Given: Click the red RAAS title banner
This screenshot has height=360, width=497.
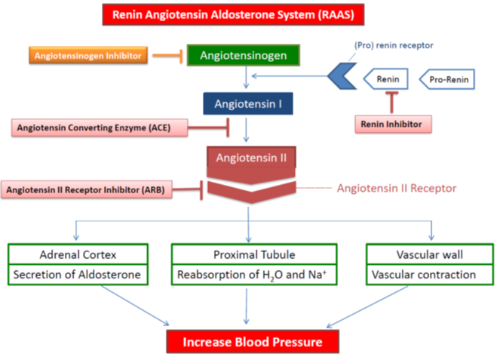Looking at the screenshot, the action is pyautogui.click(x=233, y=14).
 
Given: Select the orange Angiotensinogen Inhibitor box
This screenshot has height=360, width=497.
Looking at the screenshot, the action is pyautogui.click(x=88, y=56).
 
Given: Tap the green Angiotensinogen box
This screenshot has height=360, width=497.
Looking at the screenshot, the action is pyautogui.click(x=243, y=55).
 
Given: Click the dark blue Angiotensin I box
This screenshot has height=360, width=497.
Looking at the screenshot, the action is pyautogui.click(x=248, y=103).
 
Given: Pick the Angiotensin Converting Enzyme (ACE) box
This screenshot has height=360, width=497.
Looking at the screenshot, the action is pyautogui.click(x=100, y=128).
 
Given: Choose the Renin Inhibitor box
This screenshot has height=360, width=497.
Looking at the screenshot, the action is pyautogui.click(x=393, y=124).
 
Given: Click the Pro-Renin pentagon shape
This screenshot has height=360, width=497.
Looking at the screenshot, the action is pyautogui.click(x=447, y=79).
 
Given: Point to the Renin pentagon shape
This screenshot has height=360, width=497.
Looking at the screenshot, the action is pyautogui.click(x=385, y=79).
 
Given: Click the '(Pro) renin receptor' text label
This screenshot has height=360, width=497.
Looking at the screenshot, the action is pyautogui.click(x=394, y=45).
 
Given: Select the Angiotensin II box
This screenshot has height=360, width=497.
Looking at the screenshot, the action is pyautogui.click(x=251, y=165).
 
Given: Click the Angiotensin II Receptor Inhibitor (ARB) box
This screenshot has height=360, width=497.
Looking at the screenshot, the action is pyautogui.click(x=87, y=189).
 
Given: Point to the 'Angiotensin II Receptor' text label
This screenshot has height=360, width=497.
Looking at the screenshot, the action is pyautogui.click(x=397, y=188).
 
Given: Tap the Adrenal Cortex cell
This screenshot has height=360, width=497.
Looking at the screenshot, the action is pyautogui.click(x=78, y=254).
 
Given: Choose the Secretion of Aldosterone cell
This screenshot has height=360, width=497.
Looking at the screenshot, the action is pyautogui.click(x=78, y=275).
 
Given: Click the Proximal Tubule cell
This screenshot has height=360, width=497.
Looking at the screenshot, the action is pyautogui.click(x=254, y=254).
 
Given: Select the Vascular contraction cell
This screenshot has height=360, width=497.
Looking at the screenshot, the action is pyautogui.click(x=430, y=275).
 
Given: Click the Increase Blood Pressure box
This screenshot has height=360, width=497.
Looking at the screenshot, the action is pyautogui.click(x=253, y=342).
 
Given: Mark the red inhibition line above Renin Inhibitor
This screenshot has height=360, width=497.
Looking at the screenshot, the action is pyautogui.click(x=391, y=102).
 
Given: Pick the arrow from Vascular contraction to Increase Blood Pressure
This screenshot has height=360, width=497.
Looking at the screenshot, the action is pyautogui.click(x=367, y=306).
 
